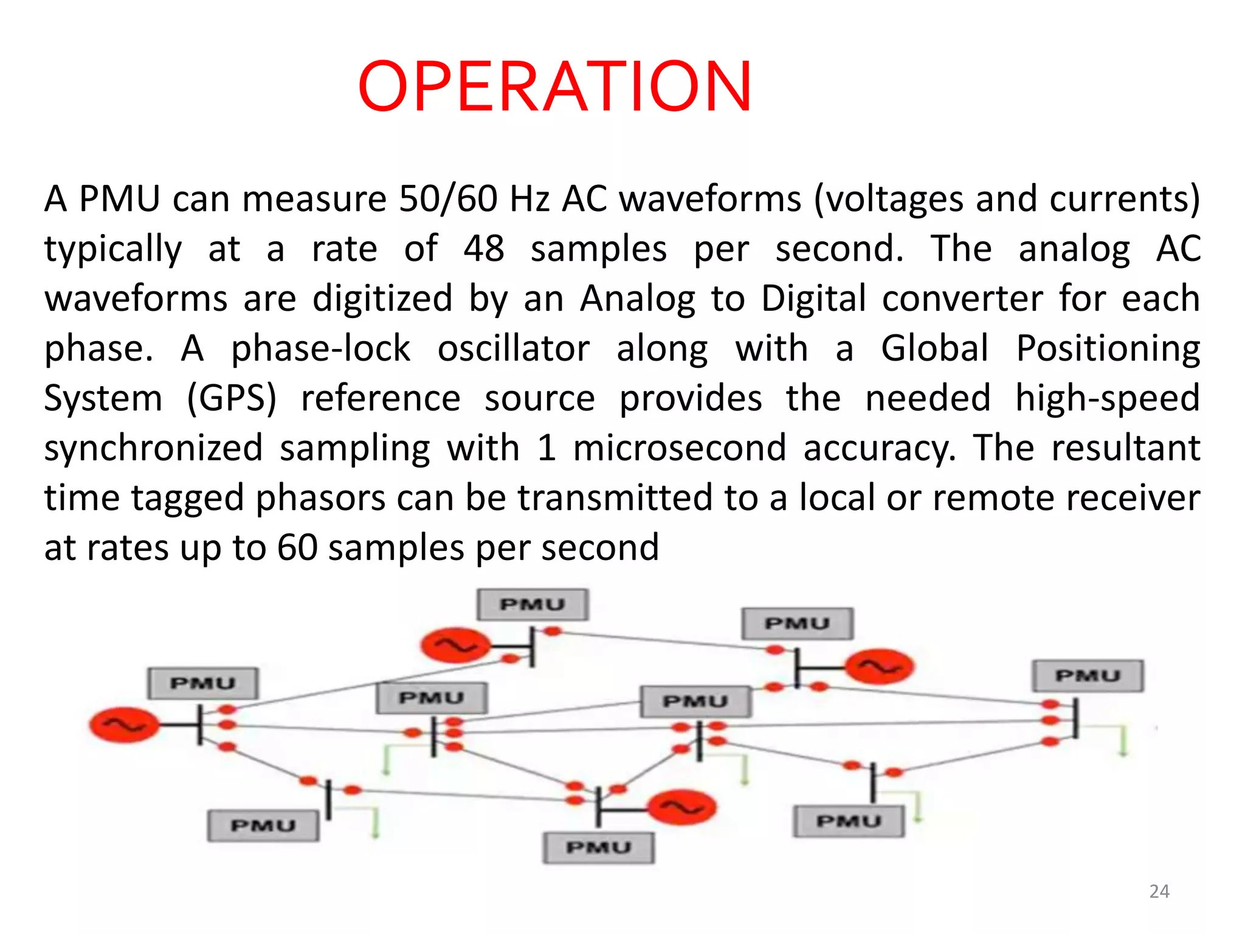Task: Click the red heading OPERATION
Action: pyautogui.click(x=554, y=86)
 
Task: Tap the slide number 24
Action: pyautogui.click(x=1159, y=891)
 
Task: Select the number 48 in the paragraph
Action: pyautogui.click(x=484, y=249)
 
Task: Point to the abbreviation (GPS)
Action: pyautogui.click(x=232, y=399)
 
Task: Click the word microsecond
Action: pyautogui.click(x=680, y=449)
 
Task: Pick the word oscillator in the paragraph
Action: pyautogui.click(x=514, y=349)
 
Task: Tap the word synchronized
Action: pyautogui.click(x=153, y=449)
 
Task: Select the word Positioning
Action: pyautogui.click(x=1108, y=349)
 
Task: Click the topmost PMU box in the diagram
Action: pyautogui.click(x=533, y=604)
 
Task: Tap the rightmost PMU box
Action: pyautogui.click(x=1088, y=676)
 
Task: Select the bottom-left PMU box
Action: pyautogui.click(x=263, y=825)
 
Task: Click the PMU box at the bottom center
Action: pyautogui.click(x=599, y=847)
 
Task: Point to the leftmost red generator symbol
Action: pyautogui.click(x=124, y=725)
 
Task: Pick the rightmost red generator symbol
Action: pyautogui.click(x=879, y=667)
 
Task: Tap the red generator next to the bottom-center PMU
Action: pyautogui.click(x=682, y=808)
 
